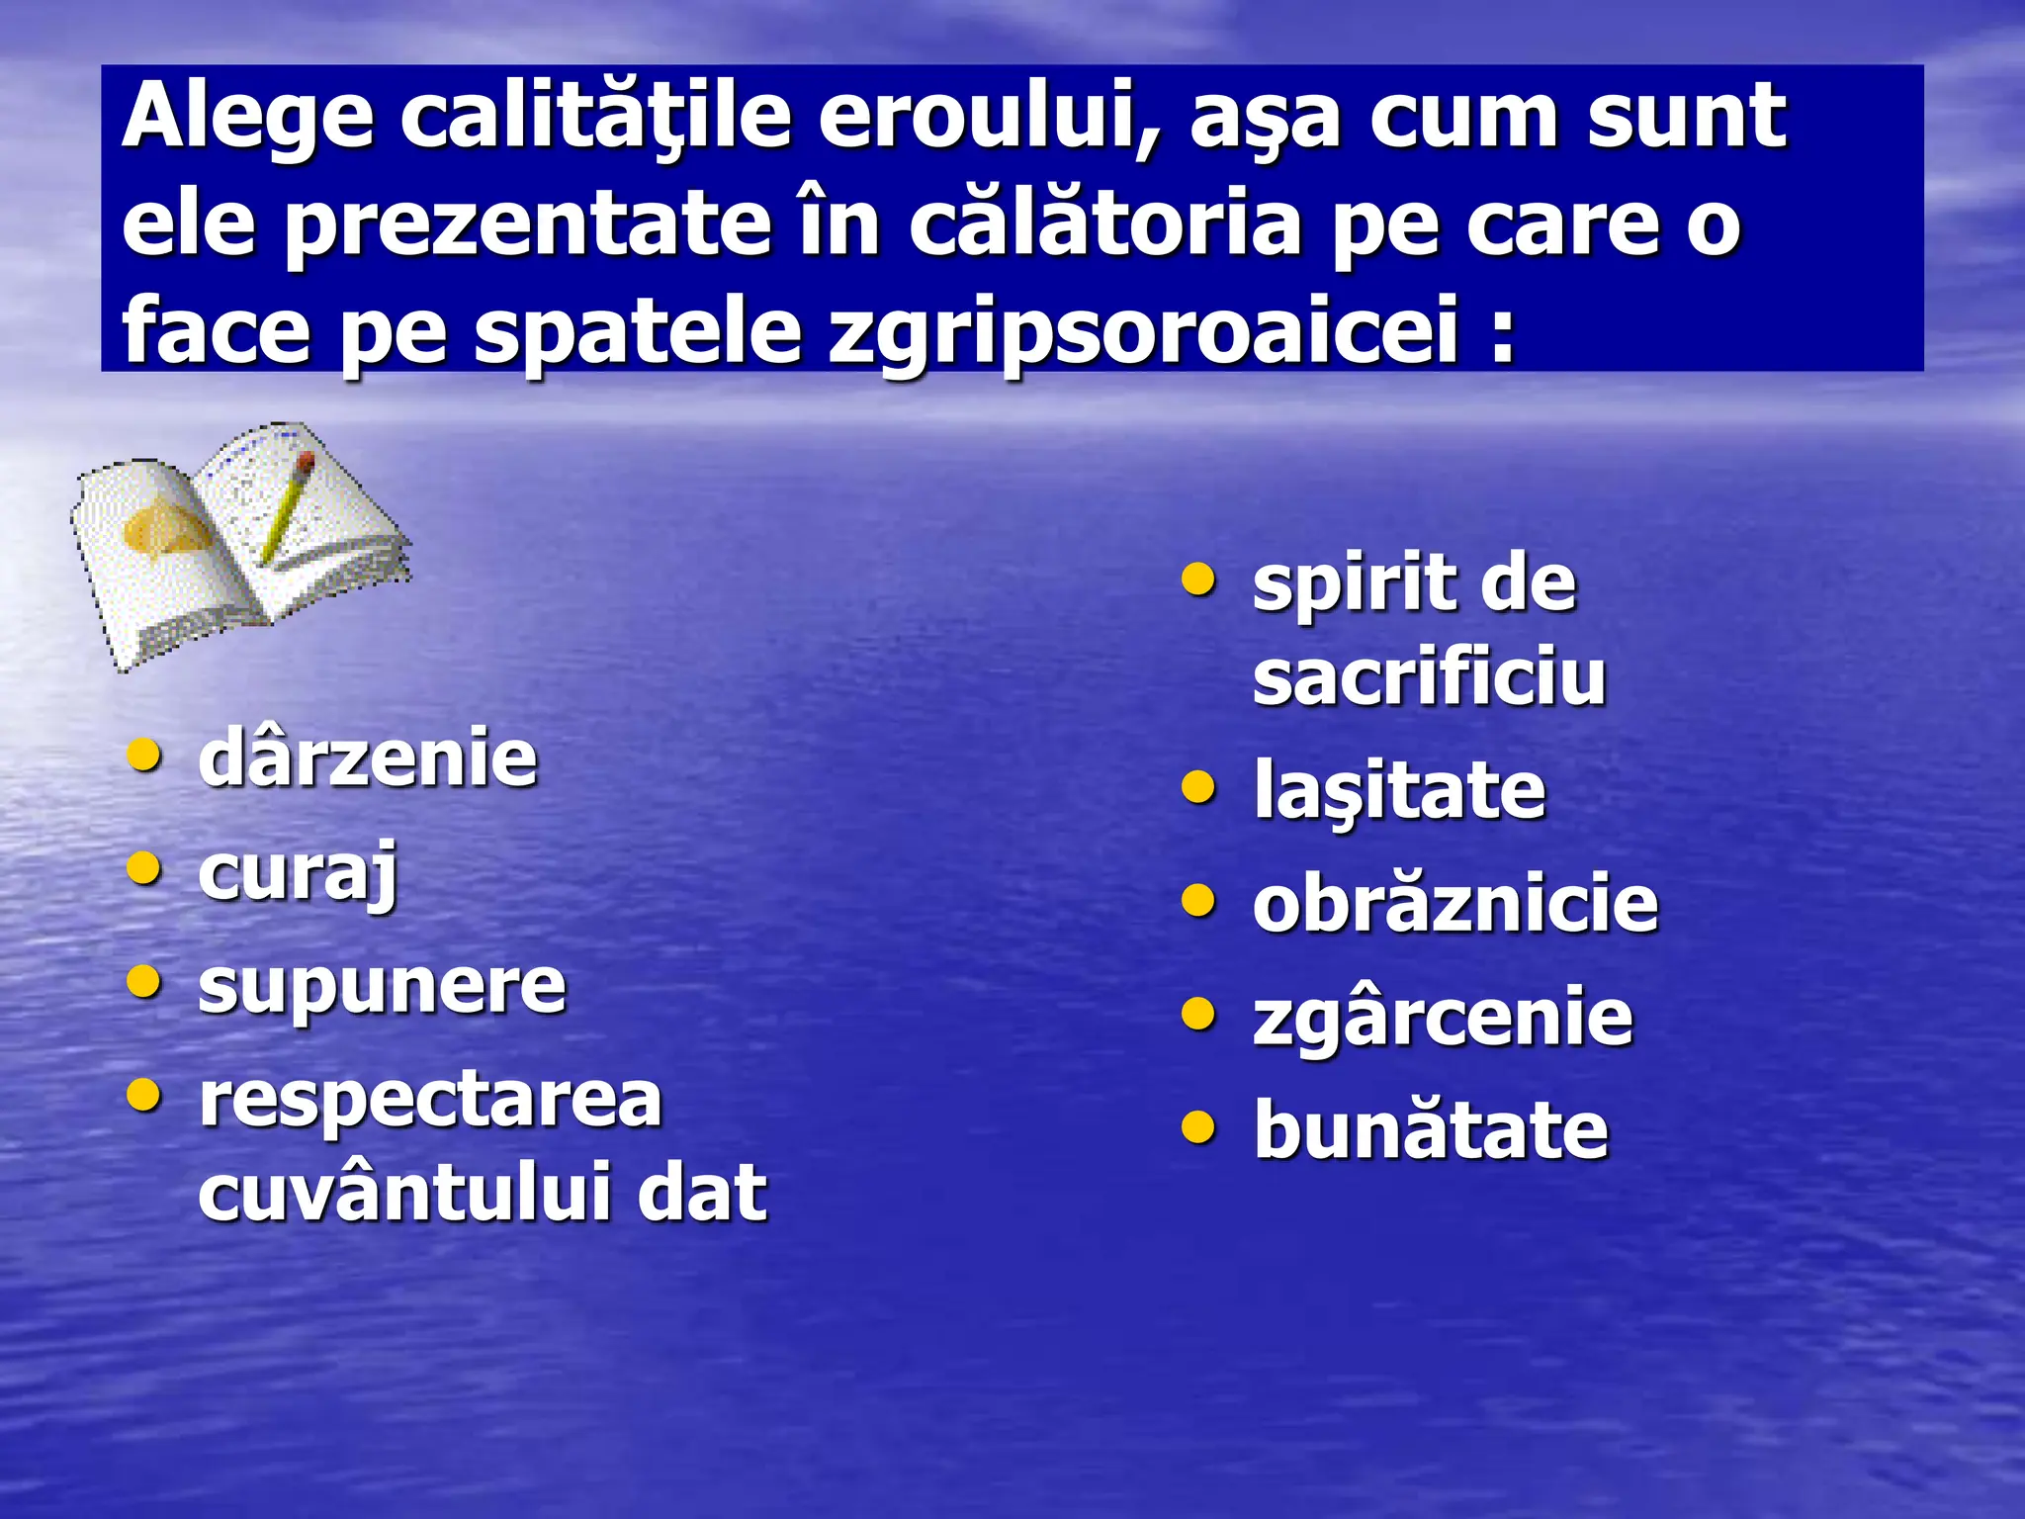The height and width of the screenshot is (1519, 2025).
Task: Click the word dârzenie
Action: pyautogui.click(x=367, y=759)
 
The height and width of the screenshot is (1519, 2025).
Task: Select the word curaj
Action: pyautogui.click(x=298, y=873)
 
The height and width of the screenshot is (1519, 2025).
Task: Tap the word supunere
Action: pyautogui.click(x=382, y=986)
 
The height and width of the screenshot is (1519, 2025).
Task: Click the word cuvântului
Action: pyautogui.click(x=402, y=1192)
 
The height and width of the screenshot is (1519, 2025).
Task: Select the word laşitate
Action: pyautogui.click(x=1399, y=791)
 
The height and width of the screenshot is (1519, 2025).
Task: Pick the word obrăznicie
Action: pyautogui.click(x=1454, y=904)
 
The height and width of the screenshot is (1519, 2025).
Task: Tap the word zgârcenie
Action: pyautogui.click(x=1443, y=1017)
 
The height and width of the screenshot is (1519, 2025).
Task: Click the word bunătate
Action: pyautogui.click(x=1431, y=1130)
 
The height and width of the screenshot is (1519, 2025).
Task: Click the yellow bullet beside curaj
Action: pyautogui.click(x=144, y=869)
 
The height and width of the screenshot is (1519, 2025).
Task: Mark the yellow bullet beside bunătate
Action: pyautogui.click(x=1198, y=1126)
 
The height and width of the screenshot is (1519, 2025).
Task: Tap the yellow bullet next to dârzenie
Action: pyautogui.click(x=144, y=756)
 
